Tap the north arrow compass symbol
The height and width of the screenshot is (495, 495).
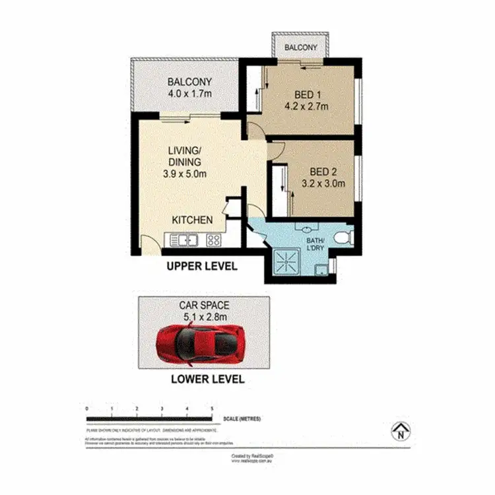click(399, 432)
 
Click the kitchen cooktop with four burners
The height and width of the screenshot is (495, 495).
click(214, 240)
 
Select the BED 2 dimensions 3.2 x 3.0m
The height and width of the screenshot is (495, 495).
click(323, 184)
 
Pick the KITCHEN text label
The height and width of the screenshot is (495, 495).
click(192, 220)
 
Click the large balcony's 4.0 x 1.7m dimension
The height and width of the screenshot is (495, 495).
click(189, 94)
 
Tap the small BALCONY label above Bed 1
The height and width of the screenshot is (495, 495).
click(301, 48)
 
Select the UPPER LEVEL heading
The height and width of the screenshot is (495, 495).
click(201, 267)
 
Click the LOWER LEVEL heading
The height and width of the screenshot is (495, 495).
click(207, 379)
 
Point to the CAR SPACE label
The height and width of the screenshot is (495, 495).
click(205, 305)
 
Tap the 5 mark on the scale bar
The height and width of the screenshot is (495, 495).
click(211, 410)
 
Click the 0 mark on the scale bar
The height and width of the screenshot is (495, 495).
click(87, 410)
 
